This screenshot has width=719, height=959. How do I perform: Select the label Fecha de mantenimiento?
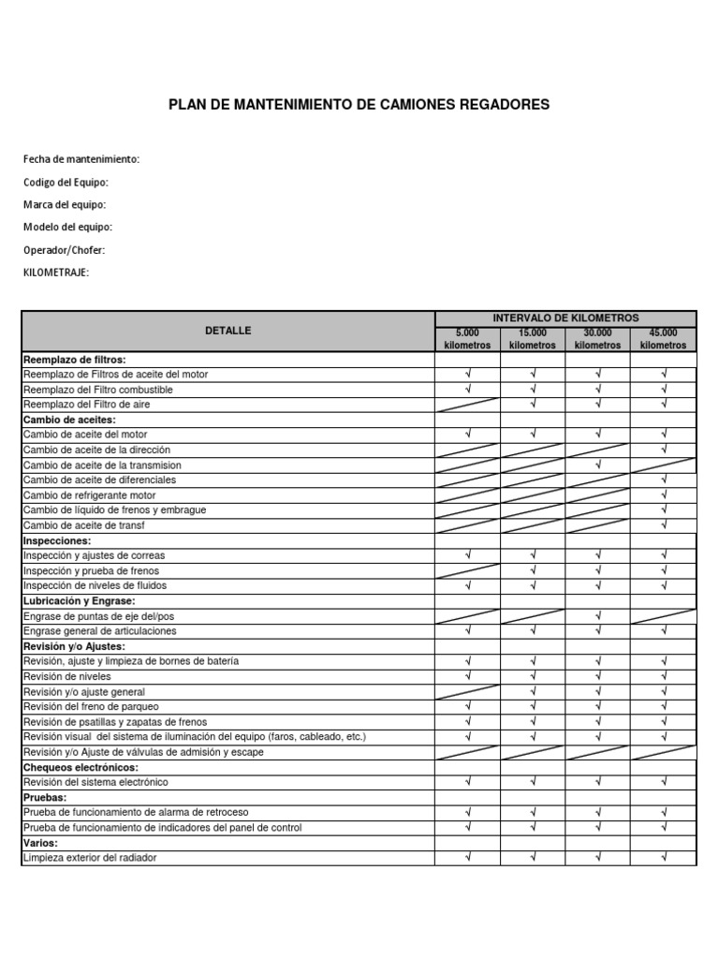(81, 159)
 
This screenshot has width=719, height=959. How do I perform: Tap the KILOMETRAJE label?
(56, 273)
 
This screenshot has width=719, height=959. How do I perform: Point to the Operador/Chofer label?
(65, 250)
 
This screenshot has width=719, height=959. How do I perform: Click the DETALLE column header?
(228, 331)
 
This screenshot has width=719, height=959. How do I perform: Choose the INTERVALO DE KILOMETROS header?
(565, 318)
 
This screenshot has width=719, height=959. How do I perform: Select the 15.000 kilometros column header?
(533, 339)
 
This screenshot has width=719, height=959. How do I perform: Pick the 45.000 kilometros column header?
(663, 339)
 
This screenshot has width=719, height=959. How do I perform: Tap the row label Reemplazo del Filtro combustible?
(98, 390)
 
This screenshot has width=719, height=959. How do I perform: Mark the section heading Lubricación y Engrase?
(80, 600)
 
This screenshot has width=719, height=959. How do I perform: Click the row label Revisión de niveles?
(67, 676)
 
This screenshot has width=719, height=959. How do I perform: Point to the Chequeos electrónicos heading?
(80, 767)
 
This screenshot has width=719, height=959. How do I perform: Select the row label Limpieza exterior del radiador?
(90, 858)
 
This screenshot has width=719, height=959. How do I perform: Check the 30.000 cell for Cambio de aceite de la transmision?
(598, 465)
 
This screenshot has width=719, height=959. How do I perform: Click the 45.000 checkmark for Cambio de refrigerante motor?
(663, 494)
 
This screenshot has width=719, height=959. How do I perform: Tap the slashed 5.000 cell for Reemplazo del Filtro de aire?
(467, 405)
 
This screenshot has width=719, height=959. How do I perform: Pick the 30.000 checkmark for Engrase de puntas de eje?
(598, 615)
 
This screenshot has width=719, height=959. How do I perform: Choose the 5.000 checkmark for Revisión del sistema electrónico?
(467, 782)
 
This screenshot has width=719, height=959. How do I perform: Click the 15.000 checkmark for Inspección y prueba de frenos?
(533, 570)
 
